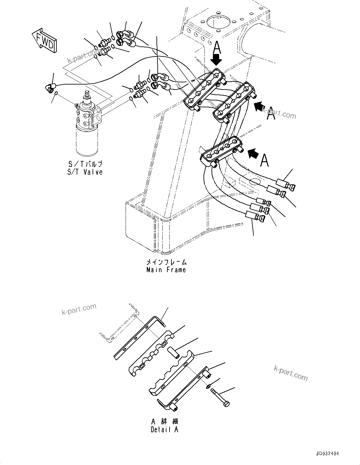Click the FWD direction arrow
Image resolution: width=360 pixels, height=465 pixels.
coord(44,40)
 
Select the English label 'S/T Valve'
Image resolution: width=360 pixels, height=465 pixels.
coord(85,172)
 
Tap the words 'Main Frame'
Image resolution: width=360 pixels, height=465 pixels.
coord(166,270)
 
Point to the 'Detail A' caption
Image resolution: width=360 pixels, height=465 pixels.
coord(165,429)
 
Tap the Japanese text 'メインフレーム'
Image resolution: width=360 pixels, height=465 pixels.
coord(166,262)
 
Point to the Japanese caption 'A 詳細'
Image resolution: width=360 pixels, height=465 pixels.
coord(165,422)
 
